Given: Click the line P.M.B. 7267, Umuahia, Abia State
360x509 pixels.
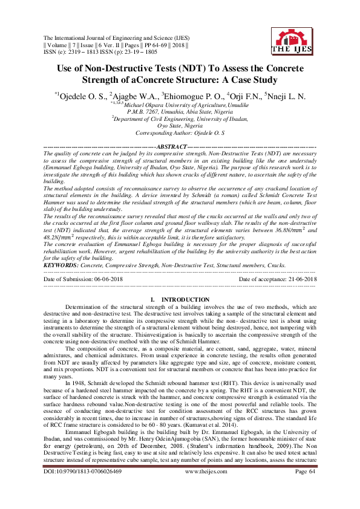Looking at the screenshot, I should (180, 112).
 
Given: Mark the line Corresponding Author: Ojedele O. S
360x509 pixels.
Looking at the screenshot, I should (180, 132).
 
